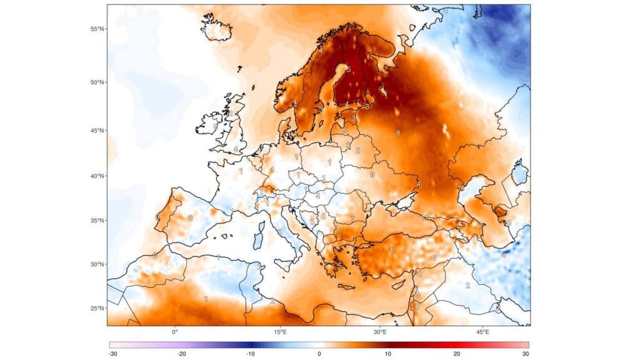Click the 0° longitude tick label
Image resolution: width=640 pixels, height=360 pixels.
pos(175,331)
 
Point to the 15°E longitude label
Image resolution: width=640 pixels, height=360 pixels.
pos(281,331)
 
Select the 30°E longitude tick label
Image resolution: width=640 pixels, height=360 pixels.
pos(380,331)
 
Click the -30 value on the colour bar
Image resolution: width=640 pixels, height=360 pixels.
pos(111,354)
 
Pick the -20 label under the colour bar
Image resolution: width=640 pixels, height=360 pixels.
pos(181,354)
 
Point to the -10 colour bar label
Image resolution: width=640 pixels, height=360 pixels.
pos(250,354)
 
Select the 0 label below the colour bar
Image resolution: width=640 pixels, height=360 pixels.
pos(319,354)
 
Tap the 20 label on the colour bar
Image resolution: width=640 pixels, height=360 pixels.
pos(457,354)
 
